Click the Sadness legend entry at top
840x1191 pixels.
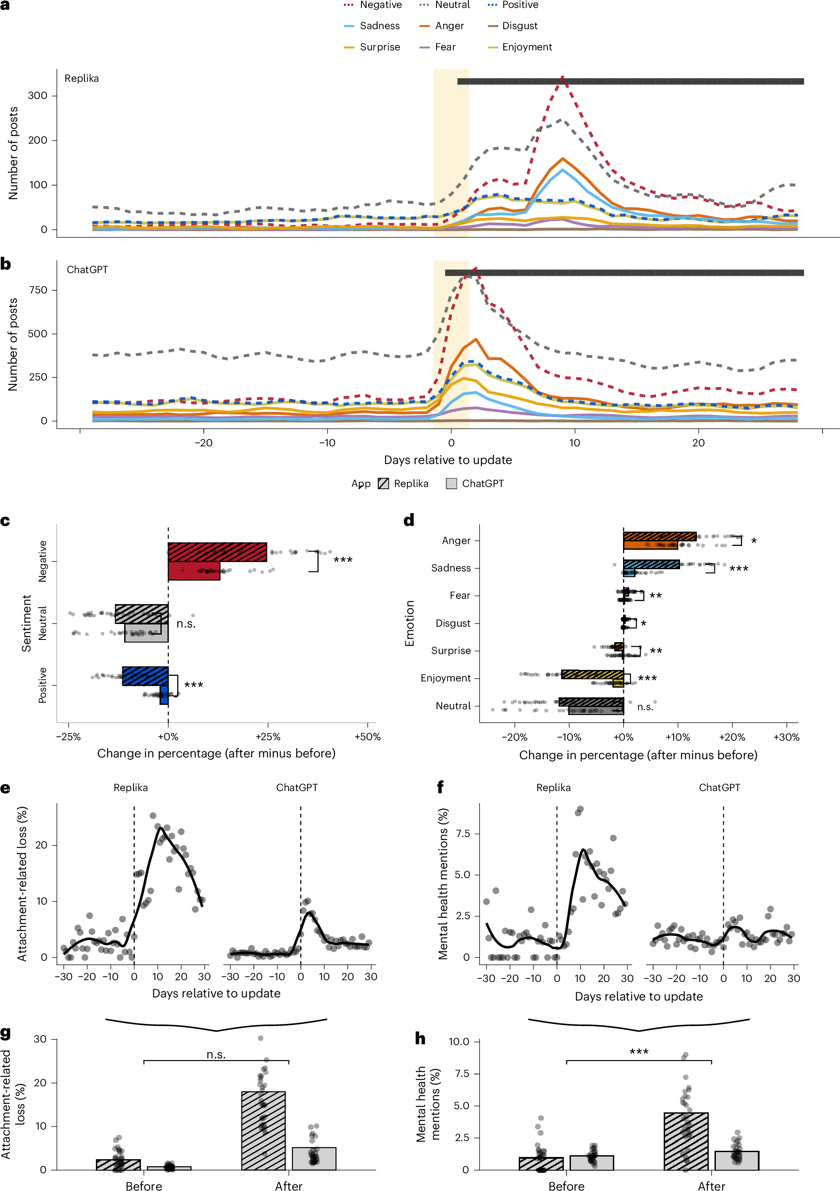pos(372,26)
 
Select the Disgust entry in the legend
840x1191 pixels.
pos(512,26)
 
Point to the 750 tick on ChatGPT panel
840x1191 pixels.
pos(38,290)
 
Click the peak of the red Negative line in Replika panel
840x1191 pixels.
pos(563,77)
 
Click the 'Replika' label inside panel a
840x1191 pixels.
pos(81,78)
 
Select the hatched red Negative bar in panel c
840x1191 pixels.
pos(217,552)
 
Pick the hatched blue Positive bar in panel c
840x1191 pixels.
pos(145,676)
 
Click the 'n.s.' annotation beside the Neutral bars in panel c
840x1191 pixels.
pos(186,624)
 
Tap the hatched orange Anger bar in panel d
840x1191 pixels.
pos(660,537)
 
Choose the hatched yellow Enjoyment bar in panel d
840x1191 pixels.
pos(592,674)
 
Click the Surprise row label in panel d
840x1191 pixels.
pos(451,651)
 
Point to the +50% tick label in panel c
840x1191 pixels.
pos(368,737)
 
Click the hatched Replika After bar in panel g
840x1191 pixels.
pos(263,1130)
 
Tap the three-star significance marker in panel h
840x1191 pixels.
pos(639,1051)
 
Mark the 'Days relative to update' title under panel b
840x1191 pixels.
pos(448,460)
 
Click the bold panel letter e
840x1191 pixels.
pos(5,788)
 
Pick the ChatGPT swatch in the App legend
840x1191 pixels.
pos(452,483)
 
